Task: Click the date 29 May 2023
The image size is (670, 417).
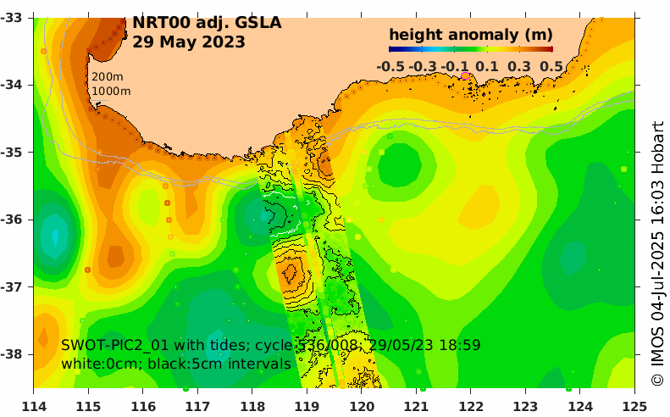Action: (189, 42)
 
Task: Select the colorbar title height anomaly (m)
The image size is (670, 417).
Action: (470, 35)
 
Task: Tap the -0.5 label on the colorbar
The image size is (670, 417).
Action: (390, 66)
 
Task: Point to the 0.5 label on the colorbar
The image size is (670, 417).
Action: (551, 66)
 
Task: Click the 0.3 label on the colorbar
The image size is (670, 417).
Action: (519, 66)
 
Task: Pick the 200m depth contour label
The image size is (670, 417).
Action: (107, 77)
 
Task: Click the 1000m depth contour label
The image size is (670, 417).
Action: (111, 91)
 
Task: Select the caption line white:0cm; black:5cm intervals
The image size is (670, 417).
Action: (176, 364)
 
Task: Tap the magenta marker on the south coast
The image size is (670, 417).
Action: (464, 75)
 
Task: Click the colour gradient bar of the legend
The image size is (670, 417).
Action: (470, 50)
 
